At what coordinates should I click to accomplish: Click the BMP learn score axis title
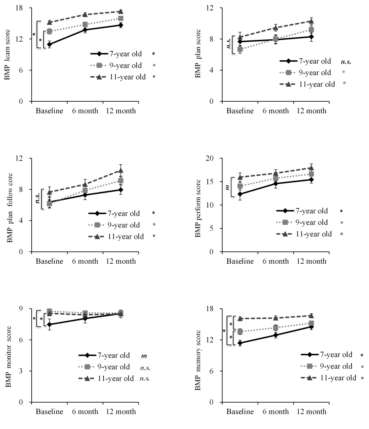(7, 54)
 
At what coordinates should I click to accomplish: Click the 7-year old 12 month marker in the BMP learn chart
(121, 25)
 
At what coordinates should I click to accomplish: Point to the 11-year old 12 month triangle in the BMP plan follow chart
(121, 170)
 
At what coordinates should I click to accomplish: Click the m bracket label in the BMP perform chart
(227, 187)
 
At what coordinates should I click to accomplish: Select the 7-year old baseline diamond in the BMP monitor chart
(49, 325)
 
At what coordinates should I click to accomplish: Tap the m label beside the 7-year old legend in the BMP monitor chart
(144, 356)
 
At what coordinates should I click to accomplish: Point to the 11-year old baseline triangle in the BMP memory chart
(240, 319)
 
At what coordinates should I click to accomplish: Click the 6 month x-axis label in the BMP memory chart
(276, 411)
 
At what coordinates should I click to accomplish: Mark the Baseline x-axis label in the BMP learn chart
(49, 111)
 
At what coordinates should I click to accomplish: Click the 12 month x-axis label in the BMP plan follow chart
(121, 261)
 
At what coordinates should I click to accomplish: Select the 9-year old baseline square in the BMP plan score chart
(240, 50)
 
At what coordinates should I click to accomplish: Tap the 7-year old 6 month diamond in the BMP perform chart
(276, 183)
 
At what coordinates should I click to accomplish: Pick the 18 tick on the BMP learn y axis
(19, 8)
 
